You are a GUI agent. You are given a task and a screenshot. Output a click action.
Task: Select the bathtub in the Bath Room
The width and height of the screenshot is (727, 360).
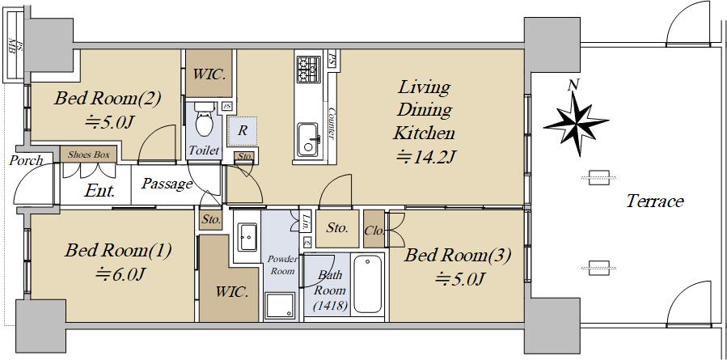pyautogui.click(x=370, y=284)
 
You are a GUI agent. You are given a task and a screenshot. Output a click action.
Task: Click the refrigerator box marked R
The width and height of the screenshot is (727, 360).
pyautogui.click(x=242, y=129)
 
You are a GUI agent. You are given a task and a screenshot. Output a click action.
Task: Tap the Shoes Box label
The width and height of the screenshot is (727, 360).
pyautogui.click(x=90, y=154)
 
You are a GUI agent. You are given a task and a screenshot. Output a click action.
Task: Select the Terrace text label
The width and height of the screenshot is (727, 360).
pyautogui.click(x=654, y=201)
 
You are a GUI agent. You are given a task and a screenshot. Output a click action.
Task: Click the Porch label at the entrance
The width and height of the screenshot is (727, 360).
pyautogui.click(x=26, y=161)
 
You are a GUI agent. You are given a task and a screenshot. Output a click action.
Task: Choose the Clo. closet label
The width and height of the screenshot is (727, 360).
pyautogui.click(x=374, y=229)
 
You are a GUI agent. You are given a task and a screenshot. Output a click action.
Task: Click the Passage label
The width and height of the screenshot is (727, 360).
pyautogui.click(x=167, y=184)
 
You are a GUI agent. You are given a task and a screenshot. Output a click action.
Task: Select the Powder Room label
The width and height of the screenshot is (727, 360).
pyautogui.click(x=283, y=265)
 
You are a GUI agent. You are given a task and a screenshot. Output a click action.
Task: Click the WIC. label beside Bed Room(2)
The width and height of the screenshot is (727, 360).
pyautogui.click(x=209, y=74)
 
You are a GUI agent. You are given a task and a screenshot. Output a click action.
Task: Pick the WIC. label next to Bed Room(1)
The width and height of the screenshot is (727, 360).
pyautogui.click(x=231, y=291)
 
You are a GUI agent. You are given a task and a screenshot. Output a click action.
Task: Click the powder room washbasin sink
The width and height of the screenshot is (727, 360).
pyautogui.click(x=247, y=235)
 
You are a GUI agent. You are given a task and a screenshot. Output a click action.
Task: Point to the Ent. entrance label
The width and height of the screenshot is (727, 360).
pyautogui.click(x=99, y=192)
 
